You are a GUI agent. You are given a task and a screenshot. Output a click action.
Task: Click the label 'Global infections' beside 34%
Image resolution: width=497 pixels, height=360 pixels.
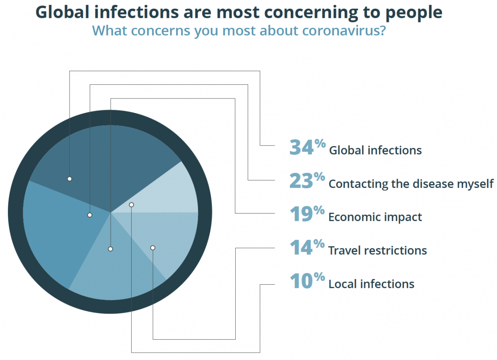(375, 150)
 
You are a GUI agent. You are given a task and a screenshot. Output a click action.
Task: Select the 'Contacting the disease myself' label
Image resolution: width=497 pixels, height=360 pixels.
(411, 183)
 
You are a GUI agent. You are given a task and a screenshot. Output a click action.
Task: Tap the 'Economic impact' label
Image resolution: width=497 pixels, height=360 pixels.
(375, 217)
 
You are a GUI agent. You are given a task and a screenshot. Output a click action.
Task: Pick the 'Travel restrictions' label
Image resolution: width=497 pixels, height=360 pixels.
(377, 250)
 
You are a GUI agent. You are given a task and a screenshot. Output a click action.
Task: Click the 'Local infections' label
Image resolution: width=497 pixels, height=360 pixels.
(371, 284)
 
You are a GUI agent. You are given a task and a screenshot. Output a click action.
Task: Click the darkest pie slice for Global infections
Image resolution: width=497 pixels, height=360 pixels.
(112, 157)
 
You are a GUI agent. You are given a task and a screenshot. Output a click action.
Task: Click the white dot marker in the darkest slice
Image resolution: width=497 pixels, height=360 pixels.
(70, 179)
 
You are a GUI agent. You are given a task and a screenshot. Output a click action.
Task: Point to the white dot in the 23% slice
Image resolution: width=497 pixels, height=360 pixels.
(89, 215)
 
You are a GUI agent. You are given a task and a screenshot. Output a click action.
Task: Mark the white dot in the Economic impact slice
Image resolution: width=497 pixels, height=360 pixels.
(110, 249)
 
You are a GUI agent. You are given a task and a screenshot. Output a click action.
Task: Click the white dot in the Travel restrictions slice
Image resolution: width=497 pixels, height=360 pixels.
(152, 247)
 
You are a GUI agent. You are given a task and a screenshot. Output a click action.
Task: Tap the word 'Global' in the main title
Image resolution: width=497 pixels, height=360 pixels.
(64, 12)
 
